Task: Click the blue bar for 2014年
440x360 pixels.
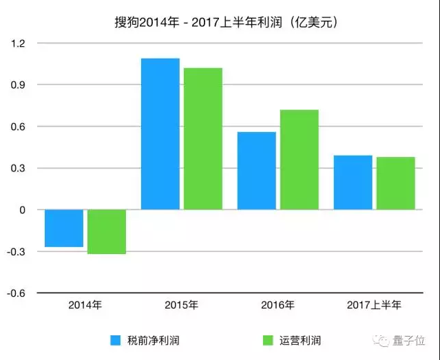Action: tap(64, 228)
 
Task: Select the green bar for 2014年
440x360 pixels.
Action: tap(107, 232)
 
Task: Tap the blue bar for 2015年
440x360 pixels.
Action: tap(160, 134)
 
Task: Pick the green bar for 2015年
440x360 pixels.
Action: tap(203, 138)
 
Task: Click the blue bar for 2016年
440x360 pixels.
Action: tap(257, 171)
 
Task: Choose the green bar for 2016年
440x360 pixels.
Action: tap(300, 160)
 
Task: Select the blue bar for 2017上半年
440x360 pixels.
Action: tap(353, 182)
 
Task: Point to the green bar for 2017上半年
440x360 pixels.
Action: tap(396, 183)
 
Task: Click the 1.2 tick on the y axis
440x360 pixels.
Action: tap(17, 43)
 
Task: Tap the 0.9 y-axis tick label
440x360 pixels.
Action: tap(17, 85)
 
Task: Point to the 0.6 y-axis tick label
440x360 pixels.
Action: tap(17, 127)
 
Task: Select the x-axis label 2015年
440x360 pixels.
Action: tap(182, 304)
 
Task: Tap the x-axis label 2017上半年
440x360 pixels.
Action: tap(374, 304)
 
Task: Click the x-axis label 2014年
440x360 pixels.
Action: tap(85, 304)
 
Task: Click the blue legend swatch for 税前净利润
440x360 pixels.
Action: tap(116, 340)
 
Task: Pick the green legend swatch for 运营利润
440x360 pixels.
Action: tap(269, 340)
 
